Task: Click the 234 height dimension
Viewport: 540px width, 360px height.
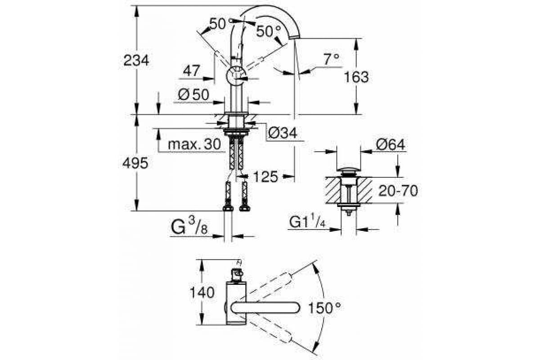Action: (x=136, y=60)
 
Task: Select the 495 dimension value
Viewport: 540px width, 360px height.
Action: (x=135, y=163)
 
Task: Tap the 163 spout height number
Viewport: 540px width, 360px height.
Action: (x=356, y=77)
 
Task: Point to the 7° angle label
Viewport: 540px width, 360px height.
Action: (x=331, y=59)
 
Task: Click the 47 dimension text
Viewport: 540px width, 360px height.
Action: (x=192, y=71)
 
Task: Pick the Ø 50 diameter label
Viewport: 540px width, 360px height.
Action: (x=193, y=94)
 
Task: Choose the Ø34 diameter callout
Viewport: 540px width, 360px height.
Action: (x=283, y=133)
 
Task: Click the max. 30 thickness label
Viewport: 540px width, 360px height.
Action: (x=194, y=144)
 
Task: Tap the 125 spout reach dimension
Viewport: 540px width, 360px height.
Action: (x=265, y=177)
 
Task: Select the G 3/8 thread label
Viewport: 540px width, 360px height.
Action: (x=189, y=227)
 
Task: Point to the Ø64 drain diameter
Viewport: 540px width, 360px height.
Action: (x=391, y=145)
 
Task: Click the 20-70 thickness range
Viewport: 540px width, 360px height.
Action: (x=398, y=191)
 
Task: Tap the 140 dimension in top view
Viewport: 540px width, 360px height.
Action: (x=202, y=292)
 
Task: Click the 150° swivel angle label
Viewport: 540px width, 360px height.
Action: (x=325, y=308)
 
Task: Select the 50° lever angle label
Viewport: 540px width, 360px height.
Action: (x=268, y=31)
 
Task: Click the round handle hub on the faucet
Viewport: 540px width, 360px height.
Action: (x=236, y=76)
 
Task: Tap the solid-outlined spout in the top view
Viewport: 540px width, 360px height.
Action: (x=265, y=308)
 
